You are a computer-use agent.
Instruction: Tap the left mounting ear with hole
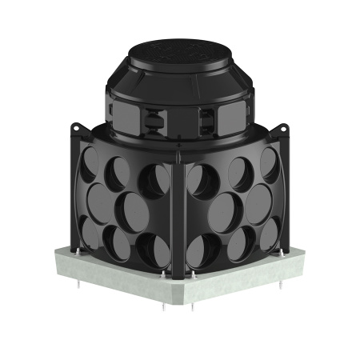pyautogui.click(x=78, y=128)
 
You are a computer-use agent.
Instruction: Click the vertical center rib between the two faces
pyautogui.click(x=181, y=216)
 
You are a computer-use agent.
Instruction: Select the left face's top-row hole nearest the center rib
pyautogui.click(x=154, y=180)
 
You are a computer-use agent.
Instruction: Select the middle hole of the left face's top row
pyautogui.click(x=121, y=171)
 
